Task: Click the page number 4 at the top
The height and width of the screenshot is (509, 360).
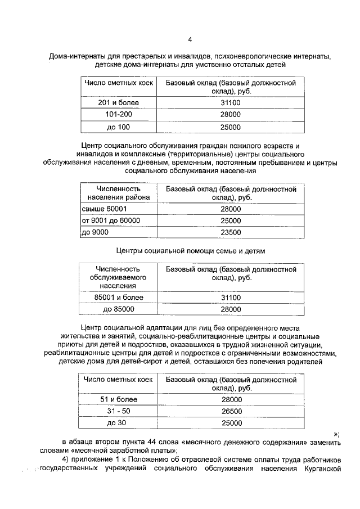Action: [x=190, y=39]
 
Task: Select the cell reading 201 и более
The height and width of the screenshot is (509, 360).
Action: [x=118, y=102]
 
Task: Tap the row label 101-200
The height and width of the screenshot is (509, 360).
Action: [x=118, y=114]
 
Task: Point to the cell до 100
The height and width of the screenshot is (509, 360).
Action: [x=118, y=127]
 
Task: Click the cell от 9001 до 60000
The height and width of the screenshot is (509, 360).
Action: [x=111, y=220]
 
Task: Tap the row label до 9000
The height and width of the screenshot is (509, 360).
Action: [x=95, y=232]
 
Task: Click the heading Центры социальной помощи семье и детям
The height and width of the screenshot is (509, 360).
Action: [x=190, y=250]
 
